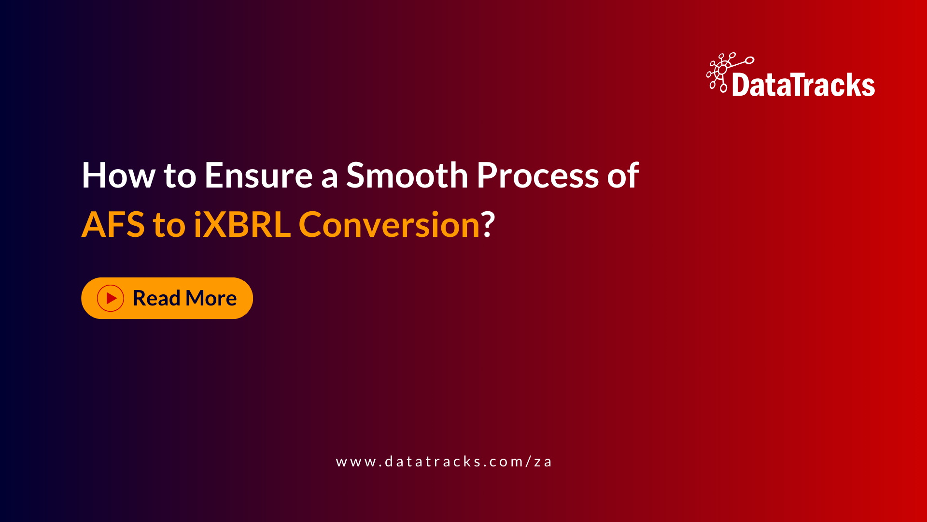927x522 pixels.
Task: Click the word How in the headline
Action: pos(118,175)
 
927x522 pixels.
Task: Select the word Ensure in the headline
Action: pos(258,175)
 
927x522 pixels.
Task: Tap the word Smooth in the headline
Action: pos(407,175)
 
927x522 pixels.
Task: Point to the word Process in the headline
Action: pos(537,175)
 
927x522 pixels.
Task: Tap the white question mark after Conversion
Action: pos(488,225)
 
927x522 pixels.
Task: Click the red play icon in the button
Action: pos(111,298)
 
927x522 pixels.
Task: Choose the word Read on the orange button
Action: pos(156,298)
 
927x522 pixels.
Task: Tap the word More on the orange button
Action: pos(211,298)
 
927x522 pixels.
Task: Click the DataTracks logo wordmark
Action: pos(803,86)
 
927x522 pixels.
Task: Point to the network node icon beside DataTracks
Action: pos(723,72)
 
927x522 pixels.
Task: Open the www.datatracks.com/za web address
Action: pos(444,462)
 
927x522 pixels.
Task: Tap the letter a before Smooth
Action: pos(329,178)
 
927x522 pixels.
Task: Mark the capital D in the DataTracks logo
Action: pos(741,86)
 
